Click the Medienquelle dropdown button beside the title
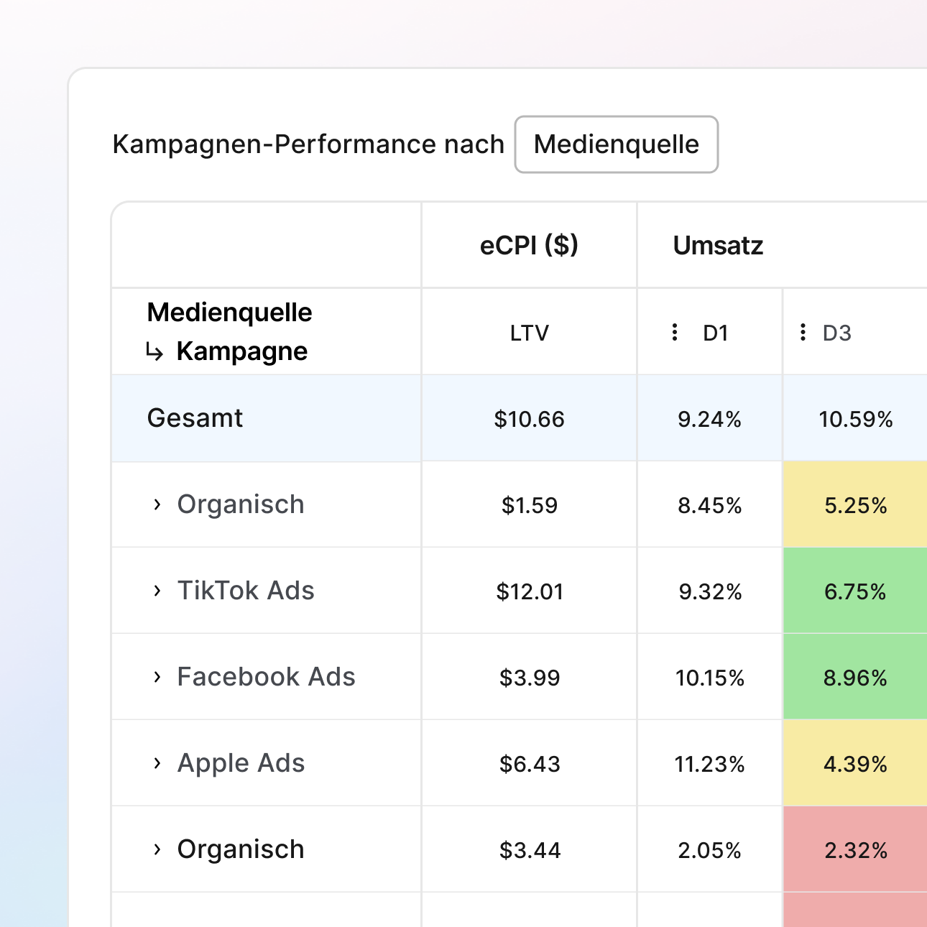(616, 144)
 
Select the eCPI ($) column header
(529, 246)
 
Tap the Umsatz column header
(718, 246)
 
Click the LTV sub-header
(529, 333)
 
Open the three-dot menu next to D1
(674, 332)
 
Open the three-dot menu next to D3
(803, 332)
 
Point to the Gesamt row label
(195, 418)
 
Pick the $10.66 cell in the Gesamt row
(529, 419)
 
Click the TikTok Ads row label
(246, 591)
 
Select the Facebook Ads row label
(266, 677)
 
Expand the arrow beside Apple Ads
(157, 763)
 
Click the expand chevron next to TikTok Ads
(157, 591)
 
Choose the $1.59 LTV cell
(529, 505)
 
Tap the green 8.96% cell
(855, 678)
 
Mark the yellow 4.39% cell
(855, 764)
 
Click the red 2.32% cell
(855, 850)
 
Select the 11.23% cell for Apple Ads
(709, 764)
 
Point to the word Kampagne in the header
(241, 351)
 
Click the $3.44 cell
(529, 850)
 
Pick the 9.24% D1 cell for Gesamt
(709, 419)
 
